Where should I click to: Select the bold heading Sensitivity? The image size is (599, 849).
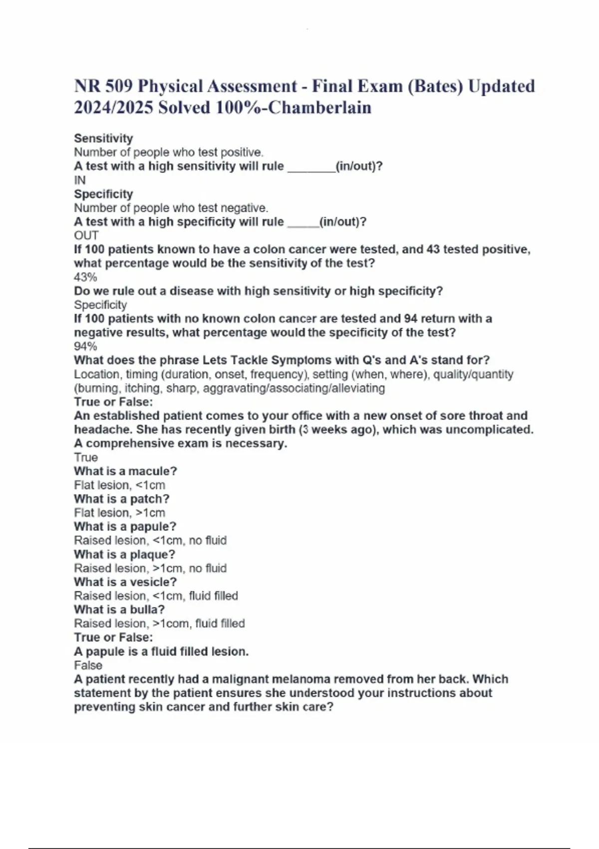(x=103, y=138)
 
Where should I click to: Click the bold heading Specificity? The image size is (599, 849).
(x=103, y=194)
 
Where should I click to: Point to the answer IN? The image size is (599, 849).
(x=80, y=180)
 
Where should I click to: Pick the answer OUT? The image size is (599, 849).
(x=86, y=236)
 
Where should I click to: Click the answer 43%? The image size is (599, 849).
(x=85, y=277)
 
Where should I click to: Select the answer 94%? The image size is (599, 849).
(x=85, y=347)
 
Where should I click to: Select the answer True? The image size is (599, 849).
(x=86, y=457)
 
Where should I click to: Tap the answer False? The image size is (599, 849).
(x=88, y=665)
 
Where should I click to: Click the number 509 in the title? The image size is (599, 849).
(x=119, y=86)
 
